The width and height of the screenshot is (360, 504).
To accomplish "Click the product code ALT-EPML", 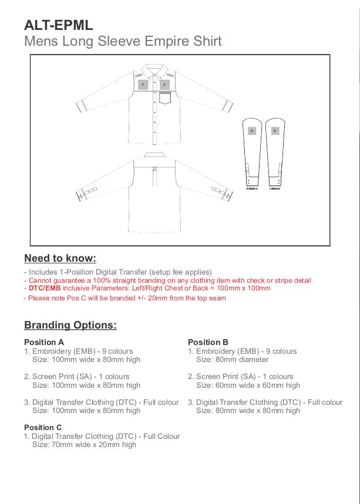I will (x=58, y=25).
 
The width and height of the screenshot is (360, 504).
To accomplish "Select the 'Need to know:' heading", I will (x=60, y=258).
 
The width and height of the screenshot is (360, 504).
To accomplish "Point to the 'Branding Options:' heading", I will (x=70, y=325).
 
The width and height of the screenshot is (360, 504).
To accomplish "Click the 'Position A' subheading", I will (x=44, y=342).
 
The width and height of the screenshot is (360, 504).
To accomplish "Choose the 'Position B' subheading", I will (x=208, y=342).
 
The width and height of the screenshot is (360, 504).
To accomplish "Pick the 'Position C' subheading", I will (x=43, y=428).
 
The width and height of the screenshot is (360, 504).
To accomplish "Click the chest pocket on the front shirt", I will (x=164, y=98).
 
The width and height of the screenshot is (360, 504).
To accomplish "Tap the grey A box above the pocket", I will (x=164, y=84).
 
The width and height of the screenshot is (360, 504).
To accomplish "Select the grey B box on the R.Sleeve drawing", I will (x=252, y=131).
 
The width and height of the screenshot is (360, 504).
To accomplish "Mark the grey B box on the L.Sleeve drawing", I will (x=274, y=131).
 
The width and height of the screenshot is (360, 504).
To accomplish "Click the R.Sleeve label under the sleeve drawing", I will (x=252, y=188).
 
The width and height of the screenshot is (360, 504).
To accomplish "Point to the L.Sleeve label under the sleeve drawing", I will (x=274, y=188).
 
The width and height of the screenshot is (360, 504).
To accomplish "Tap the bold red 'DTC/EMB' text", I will (x=45, y=288).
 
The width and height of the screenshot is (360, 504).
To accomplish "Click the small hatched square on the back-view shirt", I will (x=154, y=170).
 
